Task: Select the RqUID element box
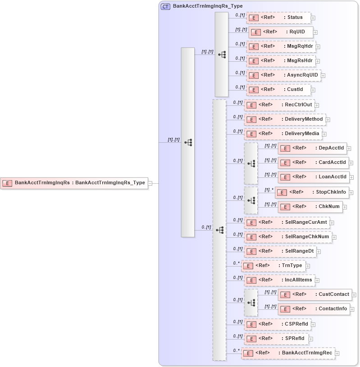pos(281,32)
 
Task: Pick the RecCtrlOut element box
pos(279,105)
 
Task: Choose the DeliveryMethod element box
pos(285,119)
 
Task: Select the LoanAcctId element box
pos(313,177)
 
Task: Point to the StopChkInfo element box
pos(312,192)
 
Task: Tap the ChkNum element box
pos(310,207)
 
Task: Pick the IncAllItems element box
pos(279,280)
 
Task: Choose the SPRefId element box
pos(277,338)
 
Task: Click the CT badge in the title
pos(165,6)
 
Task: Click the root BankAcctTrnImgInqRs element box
pos(74,183)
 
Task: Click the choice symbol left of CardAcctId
pos(251,163)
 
